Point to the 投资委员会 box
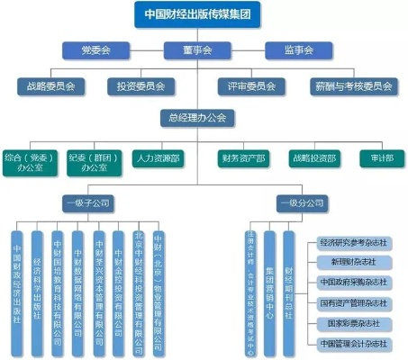click(x=141, y=86)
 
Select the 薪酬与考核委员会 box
click(x=353, y=86)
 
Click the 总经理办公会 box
click(x=198, y=118)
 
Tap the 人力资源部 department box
click(x=159, y=158)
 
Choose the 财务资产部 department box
click(x=243, y=158)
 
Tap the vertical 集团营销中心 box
click(x=269, y=286)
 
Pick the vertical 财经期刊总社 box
click(x=288, y=286)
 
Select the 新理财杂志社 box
click(x=353, y=261)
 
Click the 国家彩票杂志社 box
click(x=353, y=322)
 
